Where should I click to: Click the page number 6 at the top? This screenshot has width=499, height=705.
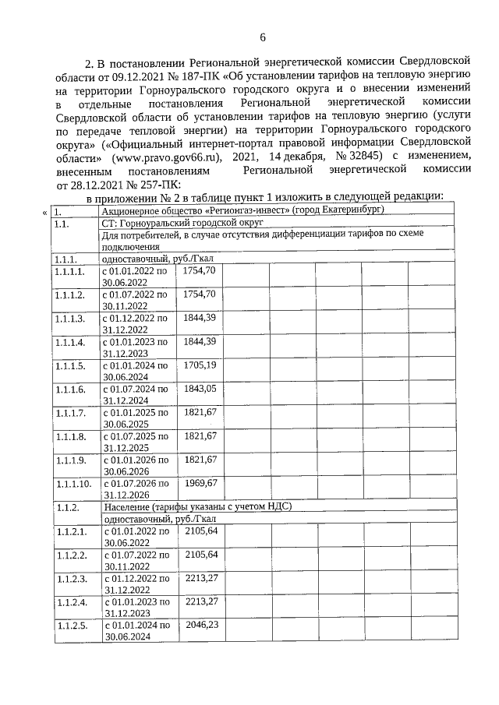point(263,37)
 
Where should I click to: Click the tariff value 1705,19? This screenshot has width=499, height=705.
point(200,365)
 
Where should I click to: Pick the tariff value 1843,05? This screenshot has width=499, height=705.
point(200,388)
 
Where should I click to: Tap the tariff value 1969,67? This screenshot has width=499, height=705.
point(200,482)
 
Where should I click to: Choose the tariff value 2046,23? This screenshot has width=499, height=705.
point(200,624)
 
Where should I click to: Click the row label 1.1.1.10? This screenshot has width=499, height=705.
point(73,483)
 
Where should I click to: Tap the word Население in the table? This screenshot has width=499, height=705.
point(125,506)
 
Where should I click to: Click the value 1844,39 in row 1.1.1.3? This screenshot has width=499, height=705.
point(200,317)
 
